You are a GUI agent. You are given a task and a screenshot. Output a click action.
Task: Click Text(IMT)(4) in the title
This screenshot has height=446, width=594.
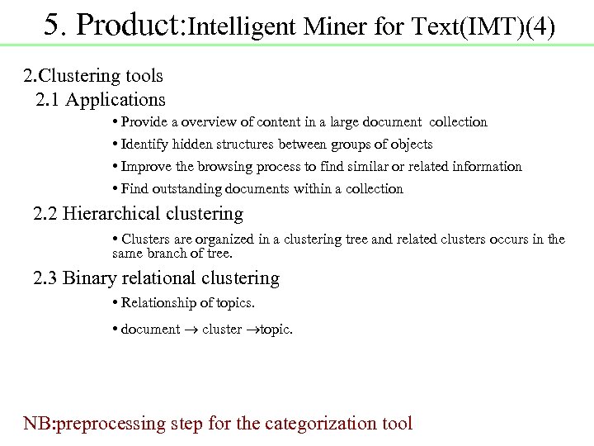[x=482, y=27]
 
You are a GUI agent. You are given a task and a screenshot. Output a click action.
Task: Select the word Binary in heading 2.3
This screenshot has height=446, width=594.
[x=89, y=278]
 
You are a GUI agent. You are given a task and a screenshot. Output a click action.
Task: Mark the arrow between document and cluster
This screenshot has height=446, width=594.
[x=191, y=330]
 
